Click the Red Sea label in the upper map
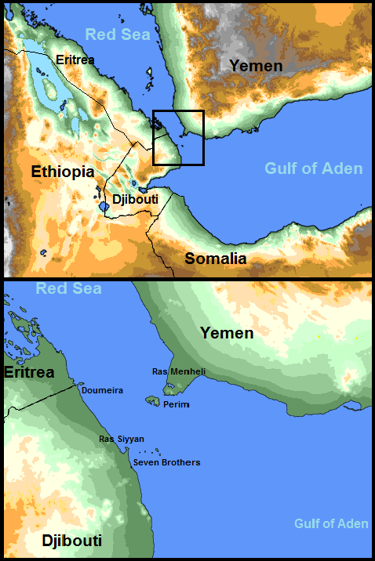click(117, 34)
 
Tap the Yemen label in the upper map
click(256, 66)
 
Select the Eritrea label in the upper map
click(76, 59)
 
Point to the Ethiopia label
click(63, 171)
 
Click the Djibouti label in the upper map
click(134, 200)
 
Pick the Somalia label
click(215, 259)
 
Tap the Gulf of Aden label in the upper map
click(313, 168)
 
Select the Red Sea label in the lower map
click(68, 289)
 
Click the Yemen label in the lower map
click(227, 333)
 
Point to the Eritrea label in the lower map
click(28, 372)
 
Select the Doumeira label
click(103, 389)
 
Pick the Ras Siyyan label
click(122, 439)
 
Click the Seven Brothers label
click(166, 462)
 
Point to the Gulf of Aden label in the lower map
click(331, 523)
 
